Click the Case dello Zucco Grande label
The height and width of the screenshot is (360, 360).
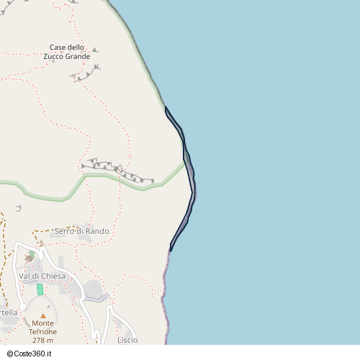[x=70, y=51]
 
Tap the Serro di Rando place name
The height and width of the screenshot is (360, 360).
[x=81, y=231]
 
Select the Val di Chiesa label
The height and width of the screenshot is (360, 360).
[x=42, y=276]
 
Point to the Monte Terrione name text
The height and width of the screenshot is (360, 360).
[x=43, y=328]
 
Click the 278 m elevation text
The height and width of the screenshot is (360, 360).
[x=43, y=340]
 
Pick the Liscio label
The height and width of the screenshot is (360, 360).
[x=127, y=340]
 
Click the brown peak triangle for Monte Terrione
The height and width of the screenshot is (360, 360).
[x=43, y=315]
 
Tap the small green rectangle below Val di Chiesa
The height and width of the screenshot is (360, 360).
[x=40, y=289]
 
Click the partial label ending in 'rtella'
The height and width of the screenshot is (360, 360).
[x=8, y=312]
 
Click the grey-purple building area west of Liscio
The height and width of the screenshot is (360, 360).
[x=94, y=290]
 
